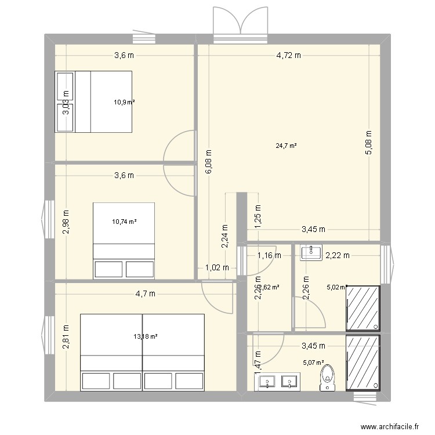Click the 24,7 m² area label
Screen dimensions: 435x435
pos(287,146)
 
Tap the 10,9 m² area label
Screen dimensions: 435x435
pos(124,102)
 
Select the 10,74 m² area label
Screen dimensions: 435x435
pos(124,222)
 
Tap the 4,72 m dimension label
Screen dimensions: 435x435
pos(288,56)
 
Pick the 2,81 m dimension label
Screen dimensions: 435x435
pos(66,338)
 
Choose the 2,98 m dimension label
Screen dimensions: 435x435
pos(66,222)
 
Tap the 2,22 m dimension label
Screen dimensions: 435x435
pos(337,254)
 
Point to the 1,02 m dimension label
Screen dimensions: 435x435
pos(217,267)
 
